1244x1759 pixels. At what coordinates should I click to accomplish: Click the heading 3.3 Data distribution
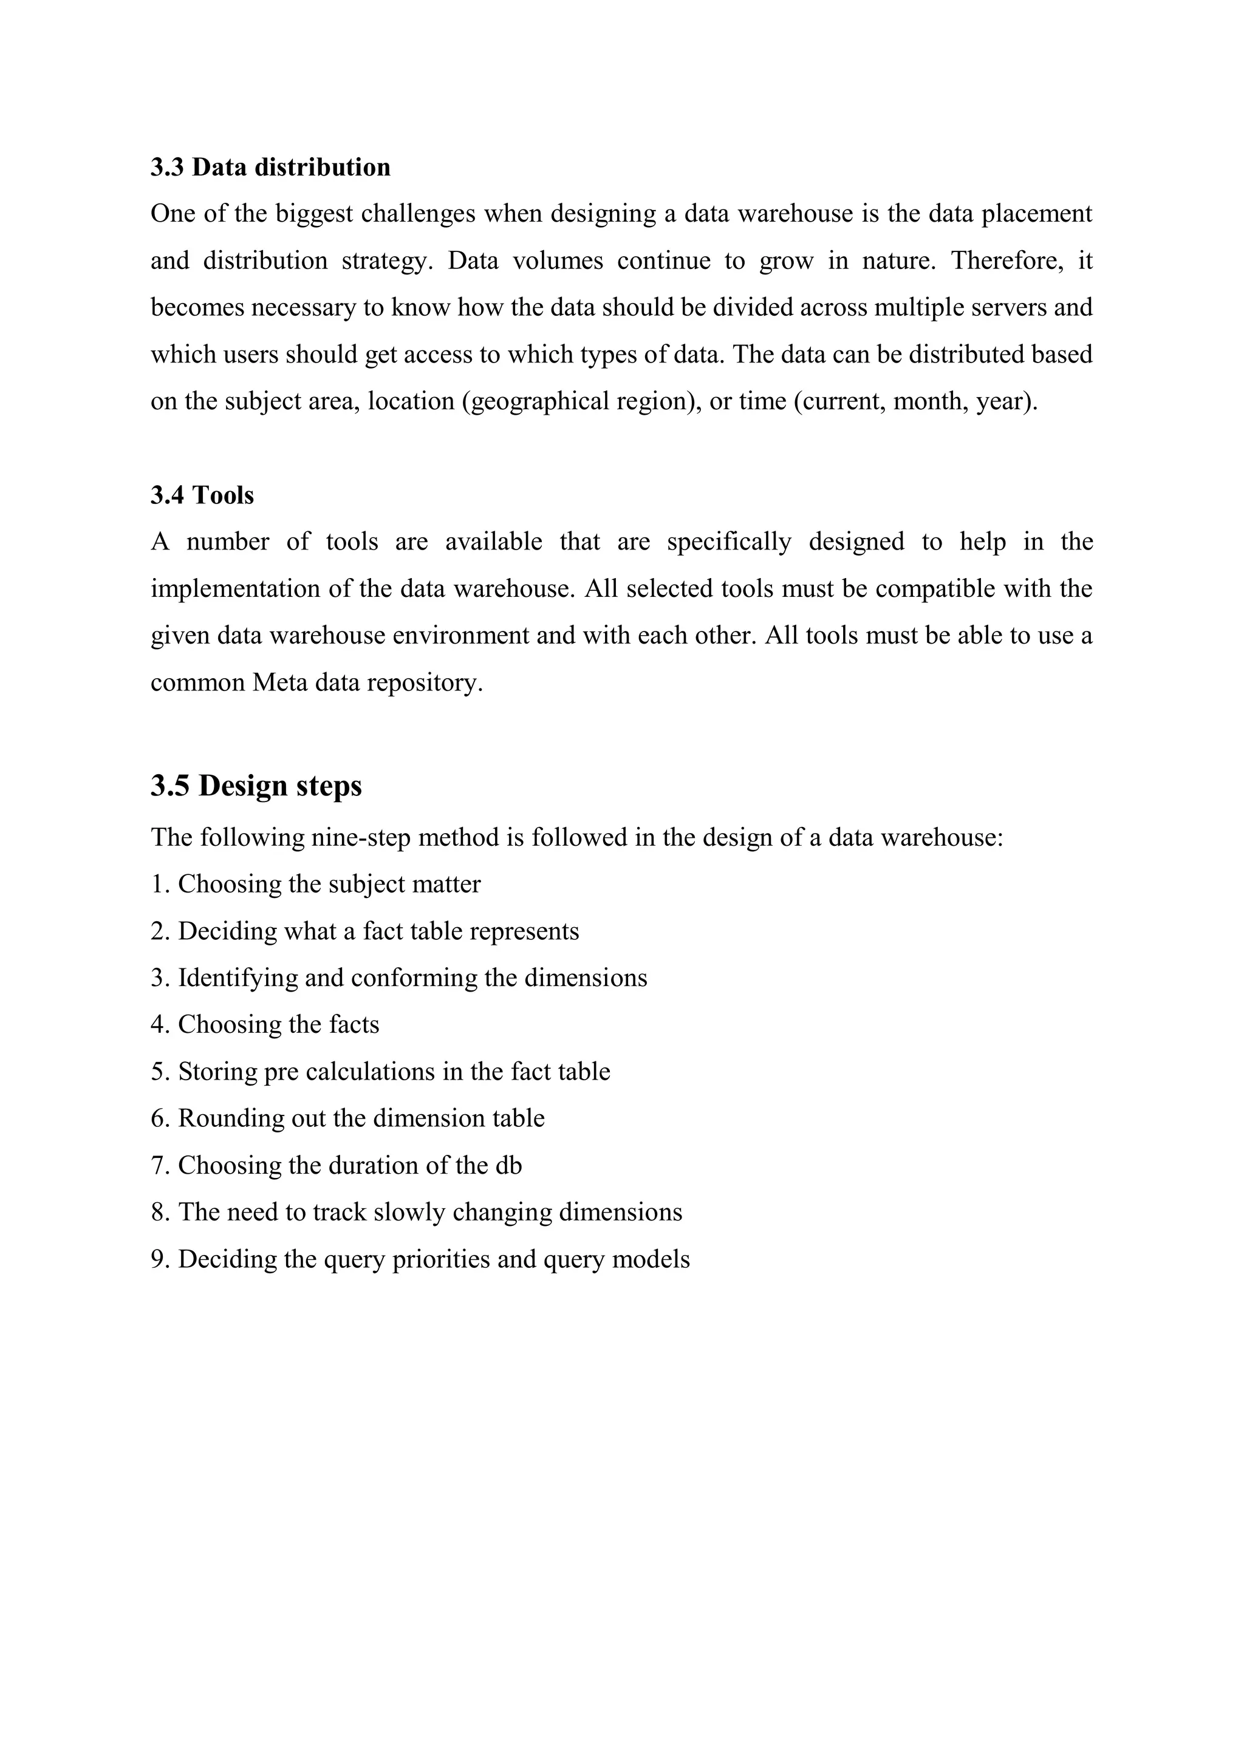(270, 167)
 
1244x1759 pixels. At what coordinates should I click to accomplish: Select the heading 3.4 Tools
(202, 495)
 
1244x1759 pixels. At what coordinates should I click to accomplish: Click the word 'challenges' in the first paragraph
(419, 214)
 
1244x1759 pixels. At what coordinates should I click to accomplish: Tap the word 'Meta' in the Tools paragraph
(280, 682)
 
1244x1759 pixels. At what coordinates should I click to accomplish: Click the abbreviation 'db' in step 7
(509, 1165)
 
